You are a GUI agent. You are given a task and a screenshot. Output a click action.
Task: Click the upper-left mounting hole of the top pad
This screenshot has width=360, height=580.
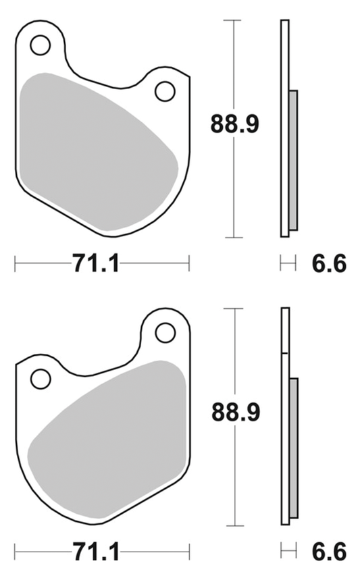(41, 45)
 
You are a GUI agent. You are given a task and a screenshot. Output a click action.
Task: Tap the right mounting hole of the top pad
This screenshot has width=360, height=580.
(164, 90)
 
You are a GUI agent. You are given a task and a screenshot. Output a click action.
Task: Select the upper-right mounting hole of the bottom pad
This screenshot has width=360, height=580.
(165, 332)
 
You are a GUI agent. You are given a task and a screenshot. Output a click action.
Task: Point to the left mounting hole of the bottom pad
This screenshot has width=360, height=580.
(41, 378)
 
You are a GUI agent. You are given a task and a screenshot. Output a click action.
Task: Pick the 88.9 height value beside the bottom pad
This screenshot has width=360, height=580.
(234, 411)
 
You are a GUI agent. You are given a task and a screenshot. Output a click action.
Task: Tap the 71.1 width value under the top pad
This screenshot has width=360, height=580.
(95, 263)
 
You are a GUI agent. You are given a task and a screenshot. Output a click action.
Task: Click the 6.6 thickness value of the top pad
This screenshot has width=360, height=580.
(329, 263)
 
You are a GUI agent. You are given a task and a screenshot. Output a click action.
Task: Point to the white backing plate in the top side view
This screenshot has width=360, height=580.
(284, 128)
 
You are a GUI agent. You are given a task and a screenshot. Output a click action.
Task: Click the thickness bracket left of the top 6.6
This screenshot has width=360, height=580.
(288, 263)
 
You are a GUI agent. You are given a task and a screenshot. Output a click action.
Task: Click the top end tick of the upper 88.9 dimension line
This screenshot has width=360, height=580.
(233, 20)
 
